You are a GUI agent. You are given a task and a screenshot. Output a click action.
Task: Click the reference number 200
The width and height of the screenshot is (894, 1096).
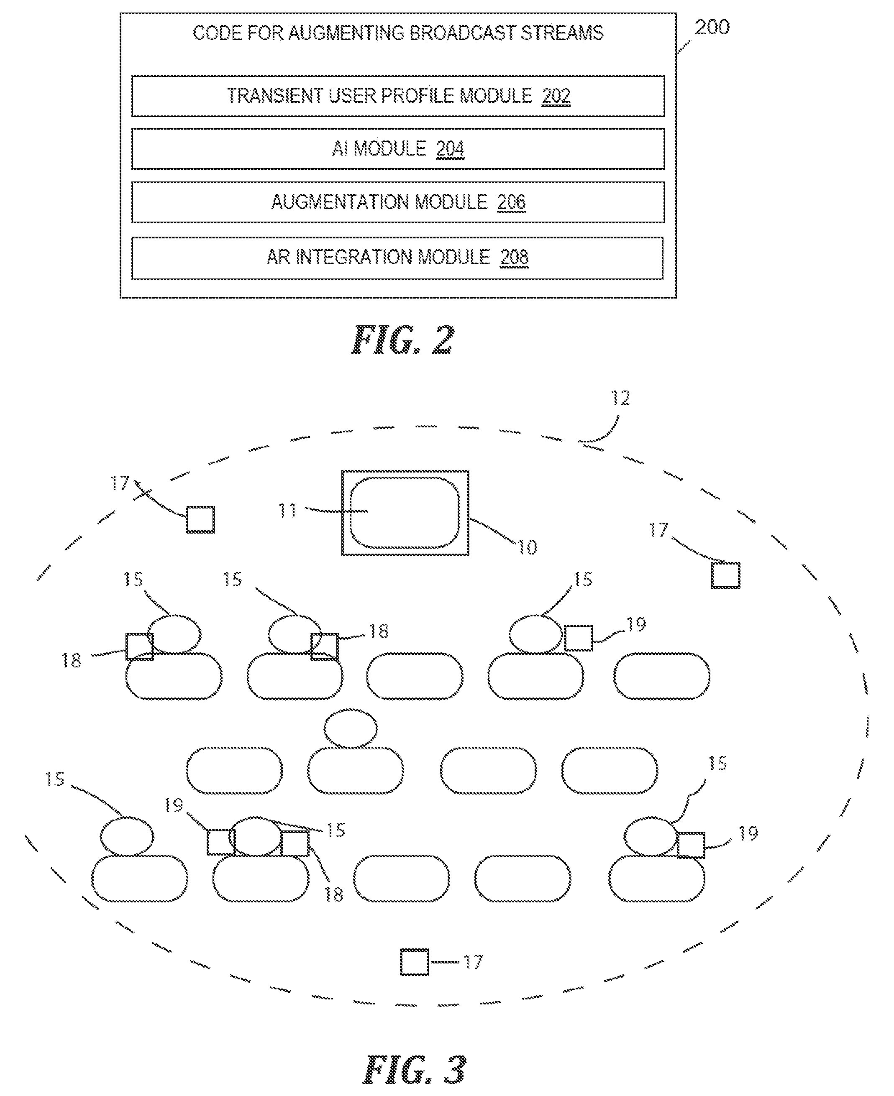tap(712, 27)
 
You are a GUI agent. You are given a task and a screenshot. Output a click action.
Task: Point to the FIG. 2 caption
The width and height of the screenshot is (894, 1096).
tap(403, 340)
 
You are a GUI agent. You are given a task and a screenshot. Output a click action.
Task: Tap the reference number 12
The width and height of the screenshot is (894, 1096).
tap(620, 398)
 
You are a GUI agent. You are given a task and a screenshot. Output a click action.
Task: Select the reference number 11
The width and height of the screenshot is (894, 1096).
tap(287, 511)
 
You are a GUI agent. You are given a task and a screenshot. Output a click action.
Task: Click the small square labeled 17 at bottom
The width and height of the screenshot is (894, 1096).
tap(415, 962)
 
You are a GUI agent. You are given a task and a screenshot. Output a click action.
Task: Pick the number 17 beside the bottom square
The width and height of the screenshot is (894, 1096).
tap(473, 962)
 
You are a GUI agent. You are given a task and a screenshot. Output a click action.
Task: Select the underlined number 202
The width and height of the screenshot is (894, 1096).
tap(556, 96)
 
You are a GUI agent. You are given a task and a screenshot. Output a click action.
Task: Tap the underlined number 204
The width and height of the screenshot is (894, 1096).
tap(451, 149)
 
